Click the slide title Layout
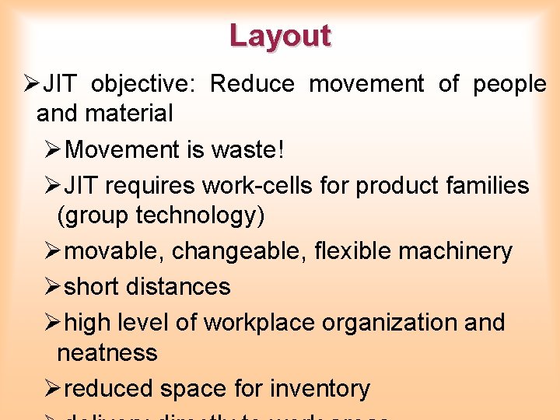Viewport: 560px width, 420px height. pyautogui.click(x=280, y=36)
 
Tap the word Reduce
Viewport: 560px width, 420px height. pyautogui.click(x=252, y=84)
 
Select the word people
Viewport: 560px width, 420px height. pyautogui.click(x=510, y=84)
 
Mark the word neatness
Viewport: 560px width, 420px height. pyautogui.click(x=107, y=353)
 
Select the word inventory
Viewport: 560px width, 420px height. pyautogui.click(x=320, y=388)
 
